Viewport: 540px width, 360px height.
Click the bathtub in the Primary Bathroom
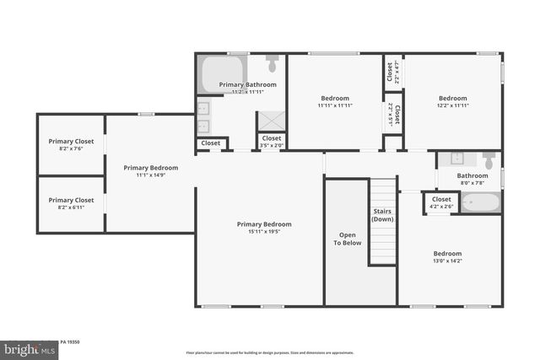(x=222, y=73)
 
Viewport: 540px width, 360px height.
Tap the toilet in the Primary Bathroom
(x=273, y=63)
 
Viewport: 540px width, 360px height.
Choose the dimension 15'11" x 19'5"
(x=264, y=232)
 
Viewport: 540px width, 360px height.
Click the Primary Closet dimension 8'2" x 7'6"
(x=71, y=148)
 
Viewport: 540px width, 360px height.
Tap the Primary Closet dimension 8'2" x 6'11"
(x=71, y=207)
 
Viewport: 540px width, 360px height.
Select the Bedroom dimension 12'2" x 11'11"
(x=452, y=106)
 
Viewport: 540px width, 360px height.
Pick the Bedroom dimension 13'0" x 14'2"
(x=447, y=261)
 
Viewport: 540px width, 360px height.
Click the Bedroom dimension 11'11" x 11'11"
(x=335, y=106)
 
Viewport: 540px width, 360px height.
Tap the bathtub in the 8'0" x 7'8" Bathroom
(x=481, y=203)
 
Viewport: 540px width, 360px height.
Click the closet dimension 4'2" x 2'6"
(x=441, y=207)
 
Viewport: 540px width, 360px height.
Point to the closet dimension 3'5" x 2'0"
(x=272, y=146)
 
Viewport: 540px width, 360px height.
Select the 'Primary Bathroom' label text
(x=244, y=85)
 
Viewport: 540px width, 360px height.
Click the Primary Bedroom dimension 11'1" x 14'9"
(x=150, y=175)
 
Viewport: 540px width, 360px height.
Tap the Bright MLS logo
(x=25, y=347)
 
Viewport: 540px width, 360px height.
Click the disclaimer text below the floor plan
(x=270, y=352)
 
